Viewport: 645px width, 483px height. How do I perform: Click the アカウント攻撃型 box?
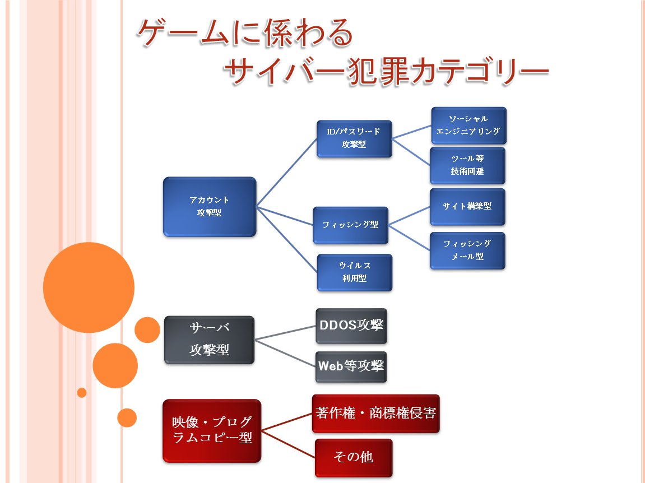210,207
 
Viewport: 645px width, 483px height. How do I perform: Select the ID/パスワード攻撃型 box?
354,138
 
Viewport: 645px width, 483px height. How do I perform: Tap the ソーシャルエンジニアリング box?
468,126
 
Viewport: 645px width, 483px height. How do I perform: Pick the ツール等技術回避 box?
468,165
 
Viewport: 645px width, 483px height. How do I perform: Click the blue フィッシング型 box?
350,225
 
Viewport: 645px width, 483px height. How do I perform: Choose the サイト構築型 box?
468,206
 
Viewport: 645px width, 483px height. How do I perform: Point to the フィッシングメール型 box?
468,250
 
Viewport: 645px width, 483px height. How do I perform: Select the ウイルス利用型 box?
354,272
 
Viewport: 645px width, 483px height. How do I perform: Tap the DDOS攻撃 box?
351,326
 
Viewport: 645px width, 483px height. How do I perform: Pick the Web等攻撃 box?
351,367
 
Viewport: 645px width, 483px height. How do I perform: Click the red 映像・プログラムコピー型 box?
212,430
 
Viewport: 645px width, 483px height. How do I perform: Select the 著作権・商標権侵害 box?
375,414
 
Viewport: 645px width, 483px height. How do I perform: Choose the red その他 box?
353,457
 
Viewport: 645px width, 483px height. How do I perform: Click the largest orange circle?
89,287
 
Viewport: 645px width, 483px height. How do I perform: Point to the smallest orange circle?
82,392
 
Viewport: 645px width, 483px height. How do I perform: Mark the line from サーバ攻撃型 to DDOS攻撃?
285,333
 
